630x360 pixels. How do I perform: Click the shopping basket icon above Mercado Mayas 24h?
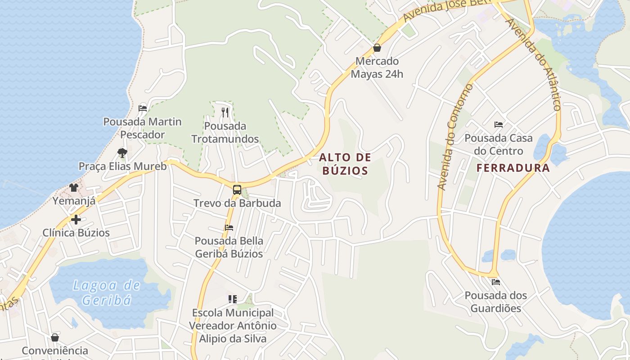tap(377, 48)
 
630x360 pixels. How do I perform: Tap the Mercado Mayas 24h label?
tap(377, 67)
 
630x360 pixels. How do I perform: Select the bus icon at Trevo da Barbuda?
tap(237, 189)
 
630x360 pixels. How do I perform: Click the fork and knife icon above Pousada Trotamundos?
tap(225, 112)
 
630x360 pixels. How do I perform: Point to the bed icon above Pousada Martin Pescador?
tap(143, 108)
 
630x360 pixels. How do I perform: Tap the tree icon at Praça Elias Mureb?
tap(122, 153)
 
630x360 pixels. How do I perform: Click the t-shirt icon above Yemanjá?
tap(74, 187)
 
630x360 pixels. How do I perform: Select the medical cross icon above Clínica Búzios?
tap(76, 220)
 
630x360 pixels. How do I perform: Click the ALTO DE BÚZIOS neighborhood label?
tap(345, 164)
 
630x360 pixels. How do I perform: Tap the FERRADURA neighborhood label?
tap(513, 168)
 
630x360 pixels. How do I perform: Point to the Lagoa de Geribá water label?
tap(106, 292)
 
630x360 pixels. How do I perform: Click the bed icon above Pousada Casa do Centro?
tap(499, 125)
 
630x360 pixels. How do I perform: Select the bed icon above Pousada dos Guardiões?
tap(496, 282)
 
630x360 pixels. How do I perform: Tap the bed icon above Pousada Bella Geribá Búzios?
tap(229, 228)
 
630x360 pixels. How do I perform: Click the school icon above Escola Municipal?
tap(233, 299)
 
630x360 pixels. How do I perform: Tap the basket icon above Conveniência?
tap(55, 337)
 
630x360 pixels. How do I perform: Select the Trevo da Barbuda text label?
tap(237, 203)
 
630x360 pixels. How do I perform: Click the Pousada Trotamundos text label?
tap(225, 132)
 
